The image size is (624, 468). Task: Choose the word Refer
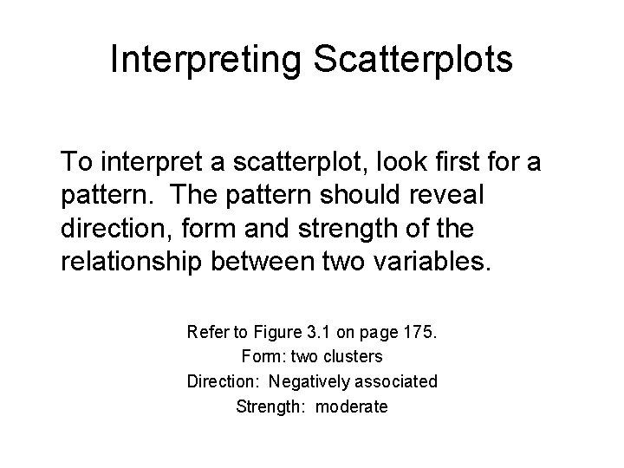tap(205, 332)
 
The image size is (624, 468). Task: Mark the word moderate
tap(352, 406)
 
